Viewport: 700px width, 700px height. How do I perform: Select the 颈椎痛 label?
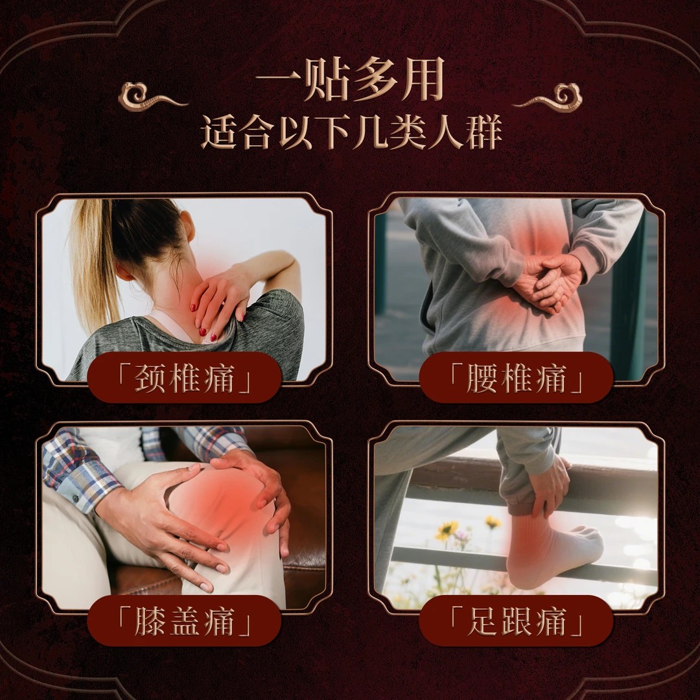coord(184,379)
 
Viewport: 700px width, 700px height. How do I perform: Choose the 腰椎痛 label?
coord(516,379)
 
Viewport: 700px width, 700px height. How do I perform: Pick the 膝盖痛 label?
coord(184,622)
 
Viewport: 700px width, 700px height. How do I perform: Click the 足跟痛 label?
coord(516,622)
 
